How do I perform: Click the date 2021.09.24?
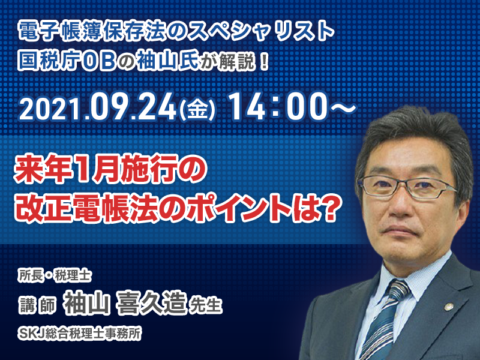click(98, 107)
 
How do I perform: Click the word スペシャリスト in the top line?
click(261, 31)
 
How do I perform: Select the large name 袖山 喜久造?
click(125, 302)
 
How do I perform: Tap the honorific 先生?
click(205, 305)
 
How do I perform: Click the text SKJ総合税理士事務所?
click(80, 333)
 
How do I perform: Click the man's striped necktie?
click(386, 322)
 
